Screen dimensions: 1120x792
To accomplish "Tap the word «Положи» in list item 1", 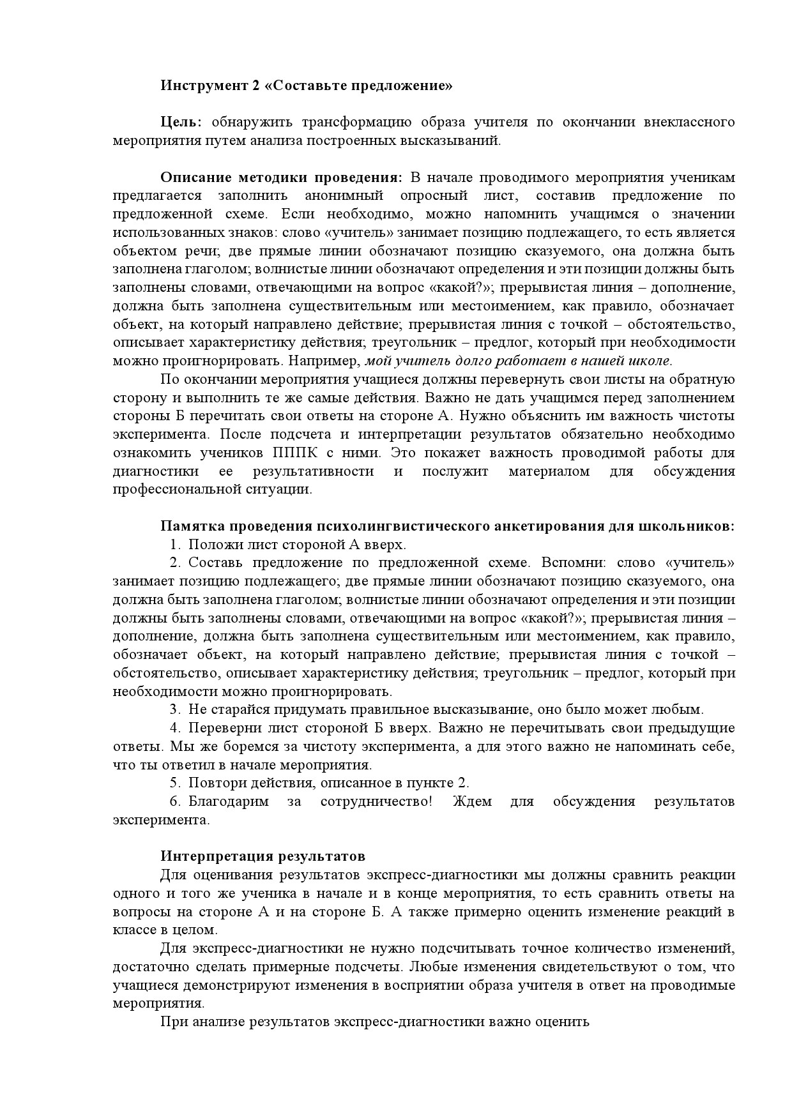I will (209, 545).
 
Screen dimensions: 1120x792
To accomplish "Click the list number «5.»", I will (176, 783).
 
